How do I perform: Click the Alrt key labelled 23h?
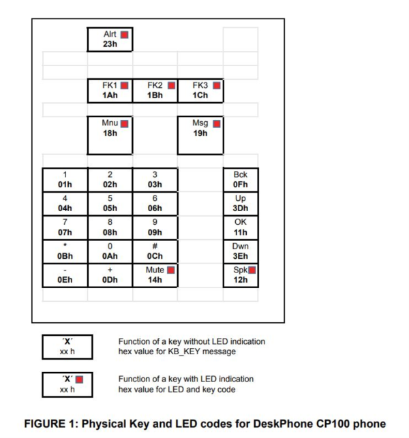pos(110,39)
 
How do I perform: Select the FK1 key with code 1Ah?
pos(110,91)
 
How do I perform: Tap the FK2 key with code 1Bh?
pos(155,91)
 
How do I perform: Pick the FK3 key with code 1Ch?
pos(200,91)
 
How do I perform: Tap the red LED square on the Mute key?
pos(171,270)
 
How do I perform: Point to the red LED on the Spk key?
pos(252,270)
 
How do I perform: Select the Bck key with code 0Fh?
pos(240,180)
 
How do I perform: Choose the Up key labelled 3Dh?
pos(240,203)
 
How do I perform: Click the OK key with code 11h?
pos(240,227)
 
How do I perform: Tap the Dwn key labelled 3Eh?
pos(240,251)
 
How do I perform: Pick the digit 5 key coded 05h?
pos(110,203)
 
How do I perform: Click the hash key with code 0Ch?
pos(155,251)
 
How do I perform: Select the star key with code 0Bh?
pos(65,251)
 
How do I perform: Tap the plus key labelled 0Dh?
pos(110,275)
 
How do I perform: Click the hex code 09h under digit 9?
pos(155,232)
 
